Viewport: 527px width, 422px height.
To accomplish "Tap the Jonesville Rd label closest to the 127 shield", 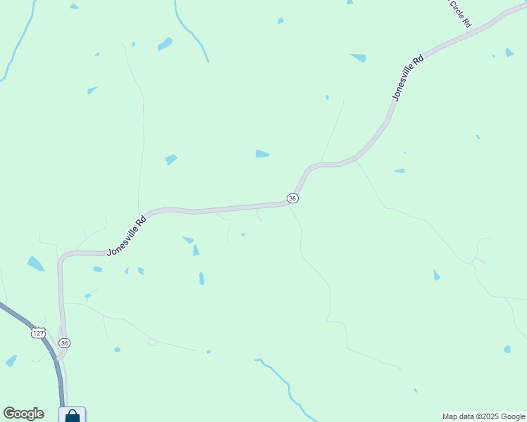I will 127,235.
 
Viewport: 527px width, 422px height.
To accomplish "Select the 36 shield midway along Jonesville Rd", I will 292,198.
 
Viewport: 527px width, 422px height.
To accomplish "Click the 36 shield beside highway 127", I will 65,343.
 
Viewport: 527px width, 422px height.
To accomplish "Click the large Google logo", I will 23,414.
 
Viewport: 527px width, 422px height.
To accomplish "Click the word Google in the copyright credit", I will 508,416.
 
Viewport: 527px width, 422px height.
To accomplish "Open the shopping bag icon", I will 73,415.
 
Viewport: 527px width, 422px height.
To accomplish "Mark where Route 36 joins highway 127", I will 59,359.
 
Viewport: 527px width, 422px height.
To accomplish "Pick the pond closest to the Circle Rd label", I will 509,53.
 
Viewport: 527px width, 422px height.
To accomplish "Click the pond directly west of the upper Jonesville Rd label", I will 359,58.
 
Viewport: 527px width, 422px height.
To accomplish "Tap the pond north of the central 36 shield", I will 262,154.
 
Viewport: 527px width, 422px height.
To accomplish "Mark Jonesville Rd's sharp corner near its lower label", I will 62,257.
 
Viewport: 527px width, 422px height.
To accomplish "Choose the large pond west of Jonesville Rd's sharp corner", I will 35,264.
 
